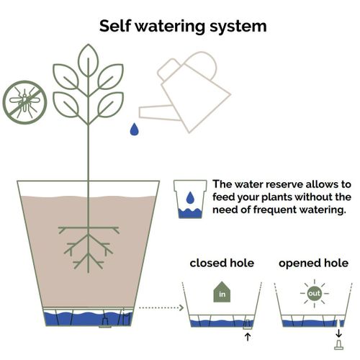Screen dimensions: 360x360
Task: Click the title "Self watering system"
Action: (x=183, y=27)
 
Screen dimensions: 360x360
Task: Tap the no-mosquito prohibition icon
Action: (x=24, y=102)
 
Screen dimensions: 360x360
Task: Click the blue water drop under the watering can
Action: (x=135, y=130)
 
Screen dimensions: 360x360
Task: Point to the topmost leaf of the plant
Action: (x=89, y=60)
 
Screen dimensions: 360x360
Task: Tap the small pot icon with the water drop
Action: (x=190, y=199)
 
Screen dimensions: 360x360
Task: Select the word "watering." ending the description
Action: (x=323, y=210)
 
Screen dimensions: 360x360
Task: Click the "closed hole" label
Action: (x=222, y=263)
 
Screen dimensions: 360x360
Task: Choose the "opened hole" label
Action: (x=313, y=263)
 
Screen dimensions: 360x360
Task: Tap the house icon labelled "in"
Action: (x=222, y=292)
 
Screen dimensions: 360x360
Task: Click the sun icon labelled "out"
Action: (x=315, y=293)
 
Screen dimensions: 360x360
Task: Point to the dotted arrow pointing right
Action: (x=161, y=307)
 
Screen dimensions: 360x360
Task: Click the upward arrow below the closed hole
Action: (x=248, y=336)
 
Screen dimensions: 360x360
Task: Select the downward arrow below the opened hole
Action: (x=338, y=333)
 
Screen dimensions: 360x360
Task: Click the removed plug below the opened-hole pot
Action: (x=338, y=345)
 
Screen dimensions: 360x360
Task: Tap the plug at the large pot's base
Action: (x=105, y=323)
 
